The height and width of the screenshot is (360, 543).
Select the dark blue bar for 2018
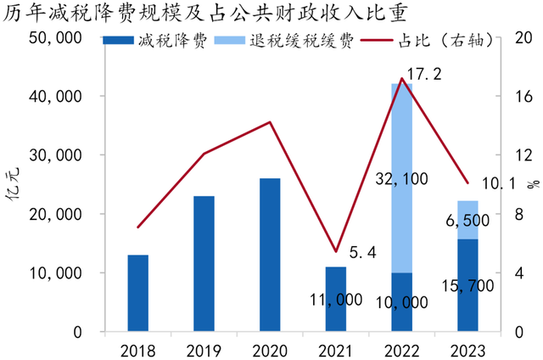click(x=138, y=293)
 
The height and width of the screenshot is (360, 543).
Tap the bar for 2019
click(x=204, y=263)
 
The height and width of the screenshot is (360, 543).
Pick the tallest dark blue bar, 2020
click(x=270, y=255)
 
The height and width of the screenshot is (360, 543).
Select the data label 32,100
click(x=400, y=179)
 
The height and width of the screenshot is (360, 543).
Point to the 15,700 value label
click(x=463, y=285)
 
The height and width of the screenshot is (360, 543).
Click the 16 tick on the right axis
click(x=512, y=97)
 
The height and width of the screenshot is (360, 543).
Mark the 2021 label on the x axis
click(x=336, y=349)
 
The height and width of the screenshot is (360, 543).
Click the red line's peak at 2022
click(x=401, y=79)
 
